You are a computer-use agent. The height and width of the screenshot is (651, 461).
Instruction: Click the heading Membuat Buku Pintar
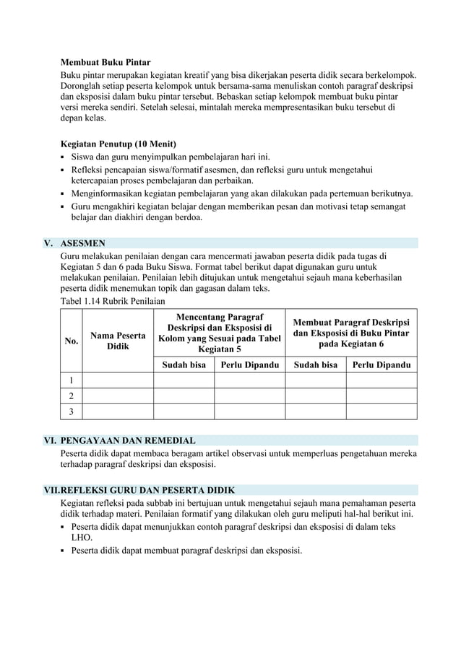click(x=105, y=63)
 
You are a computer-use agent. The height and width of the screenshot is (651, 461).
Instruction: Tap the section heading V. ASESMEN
click(x=83, y=243)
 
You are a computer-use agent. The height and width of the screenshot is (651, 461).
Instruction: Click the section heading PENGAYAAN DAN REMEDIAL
click(x=128, y=440)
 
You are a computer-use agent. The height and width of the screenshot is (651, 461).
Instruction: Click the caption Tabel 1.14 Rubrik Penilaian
click(x=113, y=300)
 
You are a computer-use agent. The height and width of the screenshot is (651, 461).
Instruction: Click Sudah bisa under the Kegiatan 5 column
click(x=184, y=365)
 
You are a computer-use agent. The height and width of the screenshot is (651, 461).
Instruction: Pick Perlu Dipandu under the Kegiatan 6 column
click(x=382, y=365)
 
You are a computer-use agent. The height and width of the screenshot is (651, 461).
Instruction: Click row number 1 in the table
click(x=72, y=380)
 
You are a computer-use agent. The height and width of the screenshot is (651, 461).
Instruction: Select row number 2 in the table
click(x=72, y=396)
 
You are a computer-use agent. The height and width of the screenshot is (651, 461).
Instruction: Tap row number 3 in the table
click(x=72, y=411)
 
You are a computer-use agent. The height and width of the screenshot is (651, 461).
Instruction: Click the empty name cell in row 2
click(x=118, y=396)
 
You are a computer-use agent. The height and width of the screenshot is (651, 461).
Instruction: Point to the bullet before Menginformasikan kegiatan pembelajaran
click(x=64, y=194)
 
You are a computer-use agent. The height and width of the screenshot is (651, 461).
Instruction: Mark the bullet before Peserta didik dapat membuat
click(x=64, y=551)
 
